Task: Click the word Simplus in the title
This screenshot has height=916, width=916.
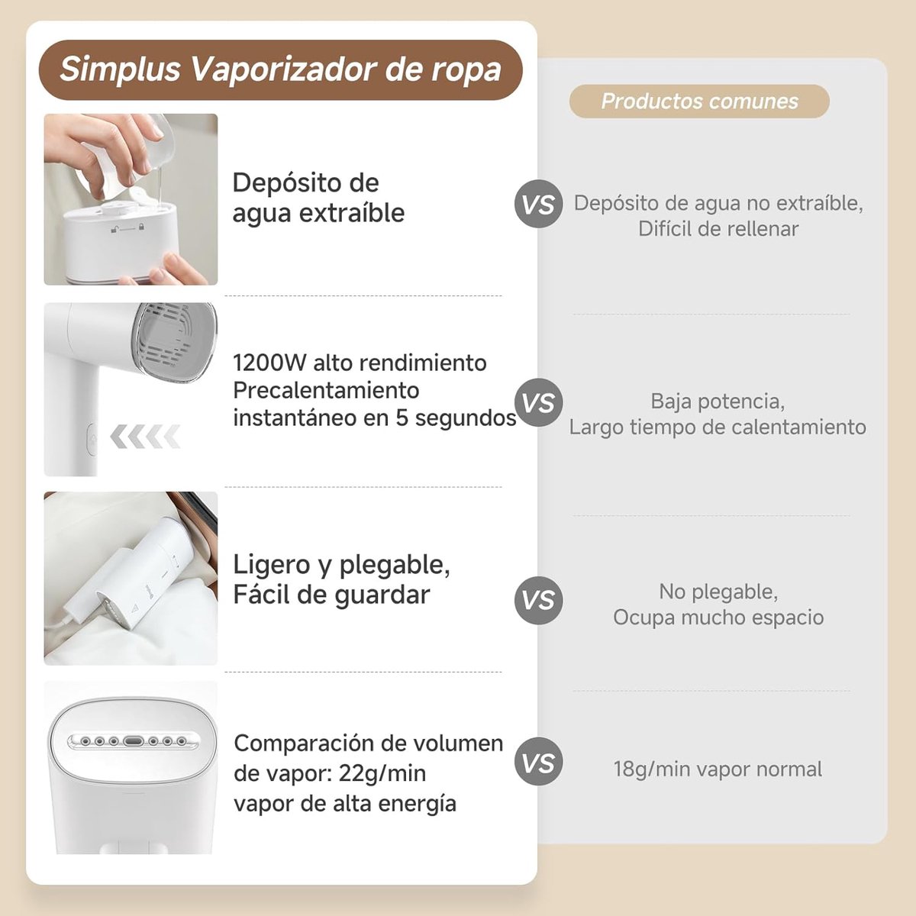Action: click(120, 70)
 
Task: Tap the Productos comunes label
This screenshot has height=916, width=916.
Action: click(699, 102)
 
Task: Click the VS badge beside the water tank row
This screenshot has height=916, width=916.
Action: click(538, 204)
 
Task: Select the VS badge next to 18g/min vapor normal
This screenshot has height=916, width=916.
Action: click(538, 761)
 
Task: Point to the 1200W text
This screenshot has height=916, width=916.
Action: click(269, 363)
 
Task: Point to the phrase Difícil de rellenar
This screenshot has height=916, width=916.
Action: click(718, 229)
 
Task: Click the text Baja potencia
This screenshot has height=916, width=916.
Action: click(718, 402)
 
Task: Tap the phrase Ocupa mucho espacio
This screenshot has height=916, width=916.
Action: click(718, 617)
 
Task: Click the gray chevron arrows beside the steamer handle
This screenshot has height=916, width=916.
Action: click(146, 436)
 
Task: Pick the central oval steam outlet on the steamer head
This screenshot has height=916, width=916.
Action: click(133, 741)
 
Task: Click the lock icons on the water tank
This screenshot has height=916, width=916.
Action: click(127, 228)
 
